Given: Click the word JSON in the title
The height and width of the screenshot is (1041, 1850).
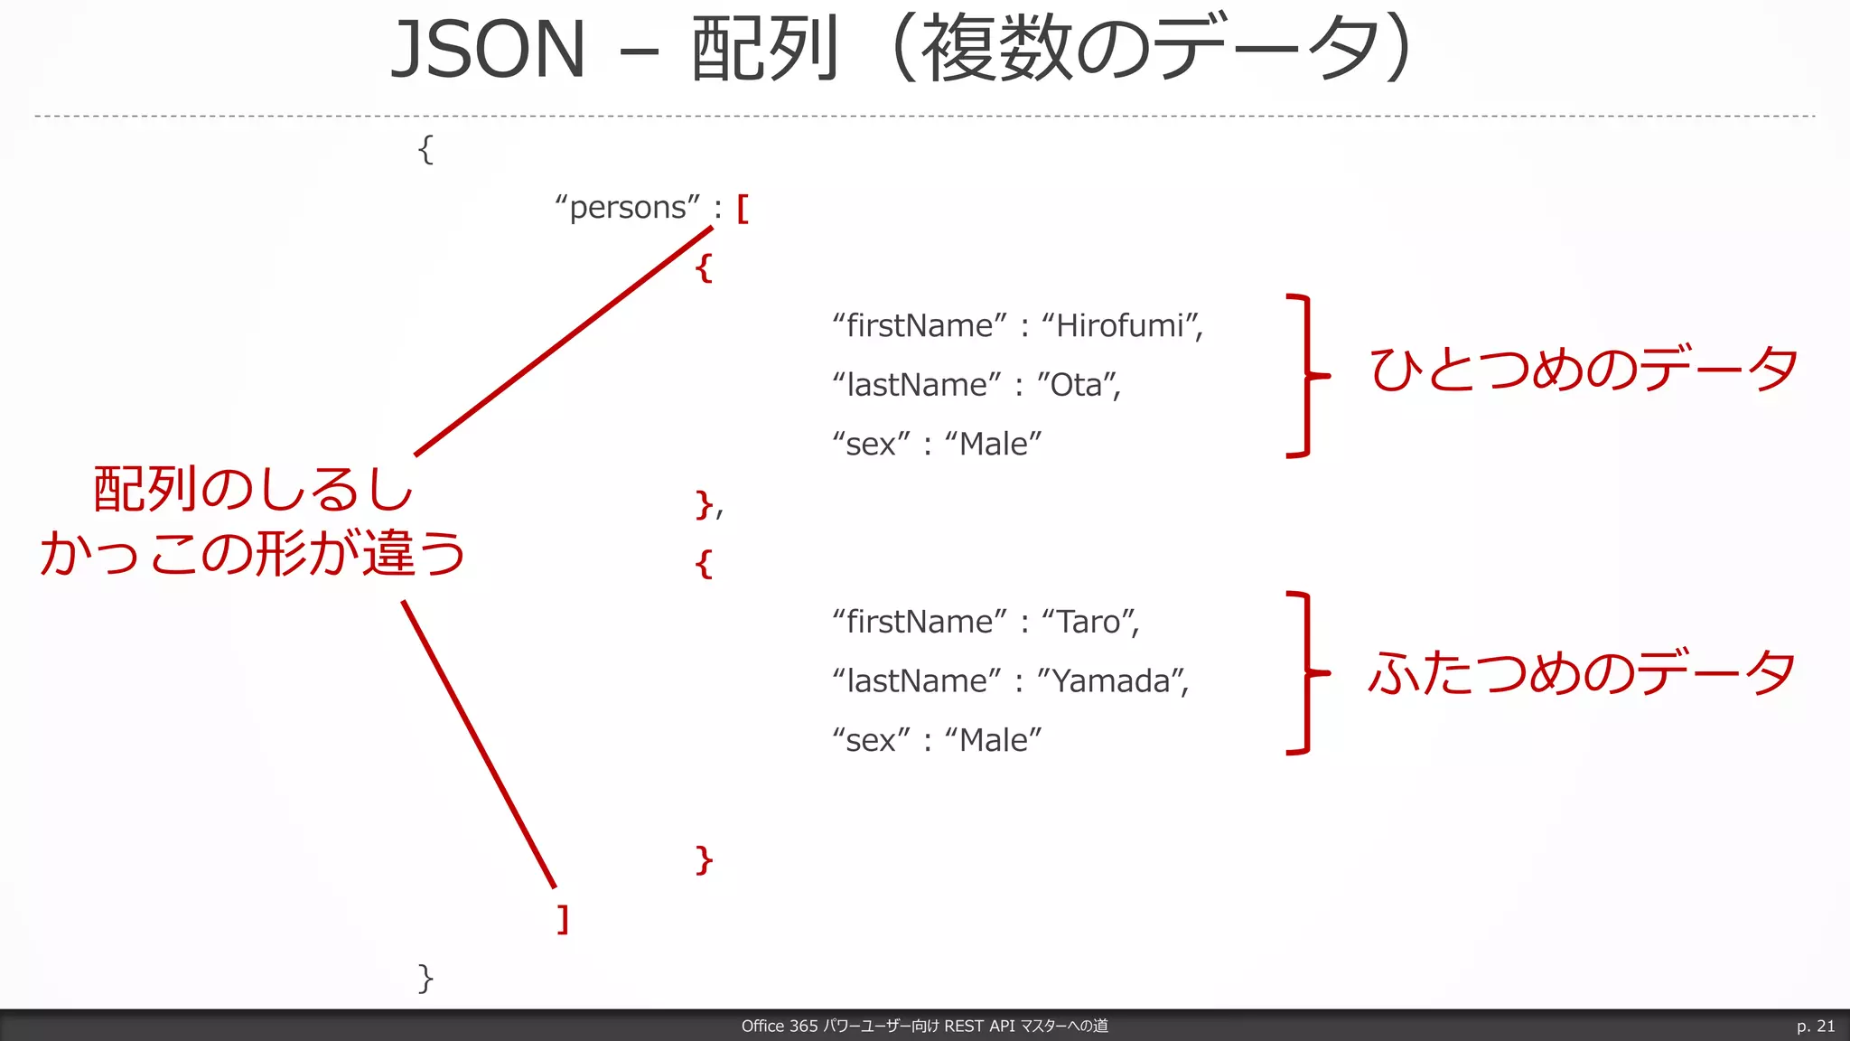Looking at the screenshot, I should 489,50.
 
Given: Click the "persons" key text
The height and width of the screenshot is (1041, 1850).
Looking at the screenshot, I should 628,208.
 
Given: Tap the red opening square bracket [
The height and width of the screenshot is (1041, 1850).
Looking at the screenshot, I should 743,209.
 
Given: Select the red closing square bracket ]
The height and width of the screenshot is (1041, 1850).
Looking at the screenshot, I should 563,919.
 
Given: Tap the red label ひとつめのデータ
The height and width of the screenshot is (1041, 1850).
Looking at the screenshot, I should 1583,370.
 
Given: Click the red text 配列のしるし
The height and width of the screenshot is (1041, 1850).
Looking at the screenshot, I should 253,490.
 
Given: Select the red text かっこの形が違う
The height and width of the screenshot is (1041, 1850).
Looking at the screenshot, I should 253,553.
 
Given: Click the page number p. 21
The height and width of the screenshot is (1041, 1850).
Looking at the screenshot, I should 1815,1026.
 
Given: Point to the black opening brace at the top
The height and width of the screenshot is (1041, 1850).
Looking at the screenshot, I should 425,149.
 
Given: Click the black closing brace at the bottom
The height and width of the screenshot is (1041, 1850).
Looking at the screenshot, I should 425,978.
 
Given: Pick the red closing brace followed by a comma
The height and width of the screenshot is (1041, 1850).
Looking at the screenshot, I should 705,504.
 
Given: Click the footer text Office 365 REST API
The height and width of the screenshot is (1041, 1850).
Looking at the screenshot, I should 924,1026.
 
